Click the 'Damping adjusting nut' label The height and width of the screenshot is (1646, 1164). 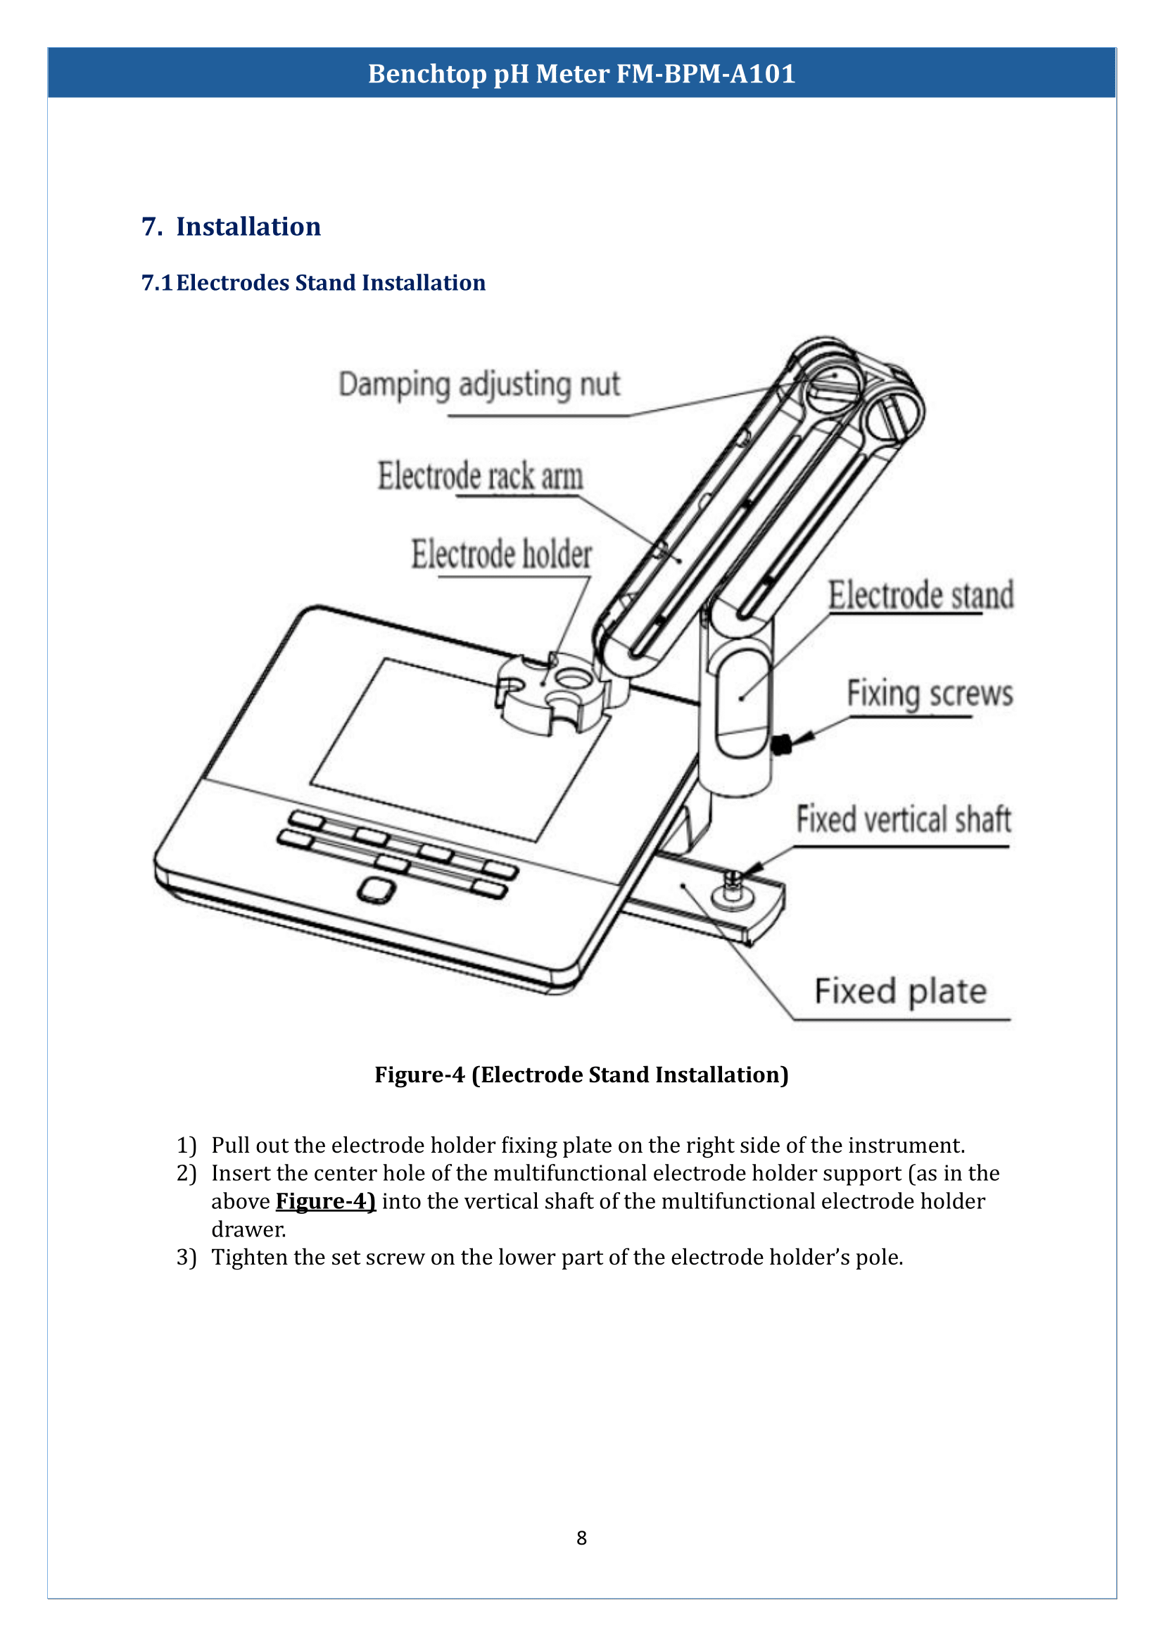pyautogui.click(x=479, y=385)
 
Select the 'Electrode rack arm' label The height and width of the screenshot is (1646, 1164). pyautogui.click(x=480, y=476)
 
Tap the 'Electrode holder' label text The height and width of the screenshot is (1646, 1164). pyautogui.click(x=501, y=555)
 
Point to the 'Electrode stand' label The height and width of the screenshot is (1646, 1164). pyautogui.click(x=921, y=596)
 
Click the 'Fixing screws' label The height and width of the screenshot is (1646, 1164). pyautogui.click(x=930, y=694)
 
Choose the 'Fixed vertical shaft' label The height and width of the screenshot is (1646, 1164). pyautogui.click(x=903, y=819)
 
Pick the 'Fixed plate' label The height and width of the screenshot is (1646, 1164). pyautogui.click(x=900, y=992)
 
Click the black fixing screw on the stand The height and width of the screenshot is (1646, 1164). pyautogui.click(x=781, y=745)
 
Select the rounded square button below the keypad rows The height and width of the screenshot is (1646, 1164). pyautogui.click(x=376, y=890)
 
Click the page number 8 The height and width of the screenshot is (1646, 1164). pyautogui.click(x=581, y=1537)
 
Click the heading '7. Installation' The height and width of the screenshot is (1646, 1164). pyautogui.click(x=231, y=227)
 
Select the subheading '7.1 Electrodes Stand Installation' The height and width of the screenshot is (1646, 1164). pyautogui.click(x=313, y=282)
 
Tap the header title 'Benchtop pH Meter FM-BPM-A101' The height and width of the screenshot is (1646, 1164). pyautogui.click(x=581, y=74)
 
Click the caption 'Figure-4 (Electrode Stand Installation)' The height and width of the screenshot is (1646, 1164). pyautogui.click(x=581, y=1075)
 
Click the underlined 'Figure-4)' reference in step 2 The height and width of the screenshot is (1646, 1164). pyautogui.click(x=325, y=1201)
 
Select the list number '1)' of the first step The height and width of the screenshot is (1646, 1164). pyautogui.click(x=186, y=1145)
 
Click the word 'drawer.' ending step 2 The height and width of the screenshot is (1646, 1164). pyautogui.click(x=248, y=1229)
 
